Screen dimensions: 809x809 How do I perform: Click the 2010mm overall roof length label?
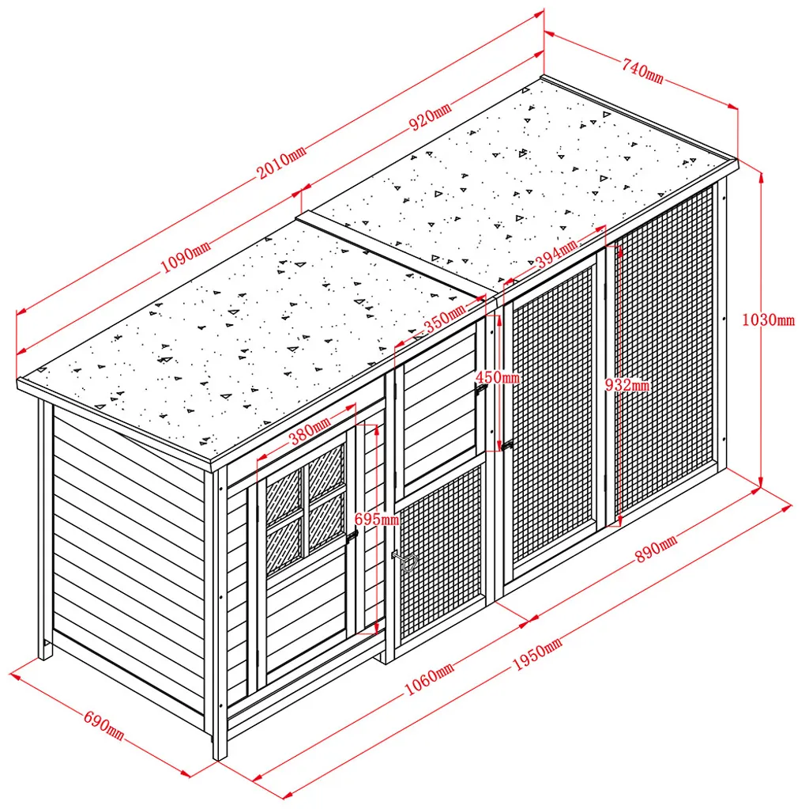pos(282,162)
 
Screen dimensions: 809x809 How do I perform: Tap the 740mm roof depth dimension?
pos(642,70)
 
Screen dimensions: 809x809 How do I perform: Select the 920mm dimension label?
pos(431,116)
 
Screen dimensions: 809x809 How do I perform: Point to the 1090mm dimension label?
pos(186,256)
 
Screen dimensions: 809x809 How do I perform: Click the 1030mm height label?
pos(768,319)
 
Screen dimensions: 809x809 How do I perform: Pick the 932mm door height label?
pos(627,384)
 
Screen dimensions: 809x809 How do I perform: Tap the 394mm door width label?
pos(555,254)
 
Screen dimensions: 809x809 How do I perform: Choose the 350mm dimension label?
pos(446,319)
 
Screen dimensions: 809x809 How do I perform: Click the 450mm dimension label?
pos(498,377)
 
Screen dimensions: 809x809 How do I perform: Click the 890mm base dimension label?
pos(656,549)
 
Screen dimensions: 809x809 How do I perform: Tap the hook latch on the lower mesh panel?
pos(405,561)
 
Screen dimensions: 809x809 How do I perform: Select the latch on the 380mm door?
pos(352,535)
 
